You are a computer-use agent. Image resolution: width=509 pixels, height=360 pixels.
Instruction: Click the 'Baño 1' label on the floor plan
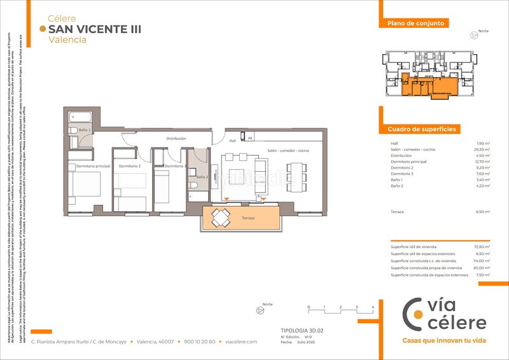(85, 130)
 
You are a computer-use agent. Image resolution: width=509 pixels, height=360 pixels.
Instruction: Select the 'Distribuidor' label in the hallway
(176, 138)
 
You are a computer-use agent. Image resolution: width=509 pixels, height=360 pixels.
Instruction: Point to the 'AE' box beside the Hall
(250, 137)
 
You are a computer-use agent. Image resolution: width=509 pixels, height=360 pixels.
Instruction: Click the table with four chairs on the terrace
(220, 218)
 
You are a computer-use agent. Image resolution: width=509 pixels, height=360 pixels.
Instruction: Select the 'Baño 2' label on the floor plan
(202, 177)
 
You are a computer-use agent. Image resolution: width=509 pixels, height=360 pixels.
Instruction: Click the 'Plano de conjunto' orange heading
(412, 24)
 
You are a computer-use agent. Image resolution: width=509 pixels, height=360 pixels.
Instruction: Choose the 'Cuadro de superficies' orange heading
(421, 129)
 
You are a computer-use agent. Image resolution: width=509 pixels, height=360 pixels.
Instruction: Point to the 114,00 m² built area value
(482, 261)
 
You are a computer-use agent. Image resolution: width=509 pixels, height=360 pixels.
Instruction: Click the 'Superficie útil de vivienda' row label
(414, 246)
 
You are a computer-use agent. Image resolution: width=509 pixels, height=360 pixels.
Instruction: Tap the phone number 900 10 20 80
(199, 342)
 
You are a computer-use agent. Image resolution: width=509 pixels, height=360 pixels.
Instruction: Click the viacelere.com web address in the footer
(241, 342)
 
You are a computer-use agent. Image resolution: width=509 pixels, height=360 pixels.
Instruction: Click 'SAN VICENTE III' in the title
(95, 29)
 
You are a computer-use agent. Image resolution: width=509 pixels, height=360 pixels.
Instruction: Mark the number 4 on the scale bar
(372, 307)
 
